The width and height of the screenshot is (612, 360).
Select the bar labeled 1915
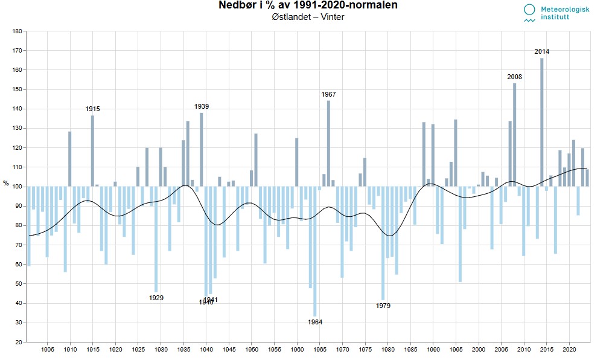point(92,150)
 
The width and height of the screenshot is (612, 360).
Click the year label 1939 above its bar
point(202,106)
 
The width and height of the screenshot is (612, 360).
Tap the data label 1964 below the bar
point(315,322)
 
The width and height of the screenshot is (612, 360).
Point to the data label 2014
point(542,51)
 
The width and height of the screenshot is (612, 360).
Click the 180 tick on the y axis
point(18,31)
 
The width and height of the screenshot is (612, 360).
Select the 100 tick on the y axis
point(18,187)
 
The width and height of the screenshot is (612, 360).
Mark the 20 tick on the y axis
point(19,342)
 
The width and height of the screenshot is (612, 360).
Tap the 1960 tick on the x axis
point(297,350)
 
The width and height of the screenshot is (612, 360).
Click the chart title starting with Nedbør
point(308,6)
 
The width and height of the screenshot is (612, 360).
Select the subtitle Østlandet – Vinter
point(308,17)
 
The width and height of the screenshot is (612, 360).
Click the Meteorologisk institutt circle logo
point(529,10)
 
